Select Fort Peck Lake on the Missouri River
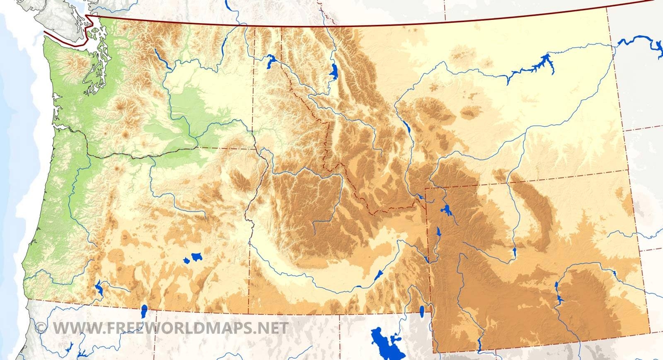point(535,66)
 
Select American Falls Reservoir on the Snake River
point(378,275)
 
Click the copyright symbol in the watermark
point(41,328)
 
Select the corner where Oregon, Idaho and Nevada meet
point(249,313)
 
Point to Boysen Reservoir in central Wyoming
point(514,251)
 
